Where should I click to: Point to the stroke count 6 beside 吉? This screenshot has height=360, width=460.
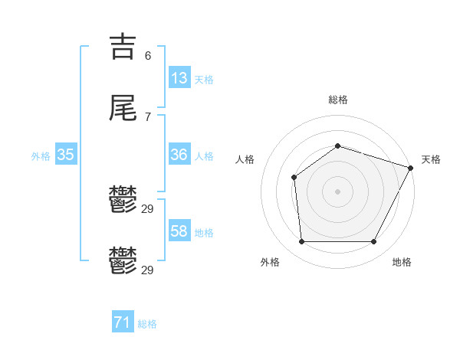pyautogui.click(x=148, y=56)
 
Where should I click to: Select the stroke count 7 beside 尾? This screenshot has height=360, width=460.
pyautogui.click(x=148, y=117)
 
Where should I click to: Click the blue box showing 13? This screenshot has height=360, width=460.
pyautogui.click(x=179, y=78)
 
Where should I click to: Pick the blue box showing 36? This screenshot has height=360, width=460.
pyautogui.click(x=179, y=155)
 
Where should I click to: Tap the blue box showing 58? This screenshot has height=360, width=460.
pyautogui.click(x=179, y=231)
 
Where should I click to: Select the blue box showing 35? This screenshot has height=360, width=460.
pyautogui.click(x=65, y=155)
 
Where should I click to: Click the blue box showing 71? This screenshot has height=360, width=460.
pyautogui.click(x=123, y=322)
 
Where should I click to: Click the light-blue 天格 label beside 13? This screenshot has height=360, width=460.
pyautogui.click(x=204, y=80)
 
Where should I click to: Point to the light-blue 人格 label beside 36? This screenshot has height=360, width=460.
pyautogui.click(x=204, y=156)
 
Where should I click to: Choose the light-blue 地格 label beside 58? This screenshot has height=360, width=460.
pyautogui.click(x=204, y=233)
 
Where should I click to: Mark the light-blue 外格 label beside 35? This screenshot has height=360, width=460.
pyautogui.click(x=41, y=156)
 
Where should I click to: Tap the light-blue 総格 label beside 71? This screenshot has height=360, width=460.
pyautogui.click(x=147, y=324)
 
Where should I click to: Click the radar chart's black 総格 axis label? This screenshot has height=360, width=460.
pyautogui.click(x=338, y=100)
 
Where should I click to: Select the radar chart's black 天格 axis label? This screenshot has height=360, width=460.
pyautogui.click(x=431, y=159)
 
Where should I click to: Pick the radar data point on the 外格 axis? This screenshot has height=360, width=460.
pyautogui.click(x=301, y=242)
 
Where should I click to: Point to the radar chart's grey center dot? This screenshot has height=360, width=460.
pyautogui.click(x=337, y=191)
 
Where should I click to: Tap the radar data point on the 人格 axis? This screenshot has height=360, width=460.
pyautogui.click(x=294, y=178)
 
